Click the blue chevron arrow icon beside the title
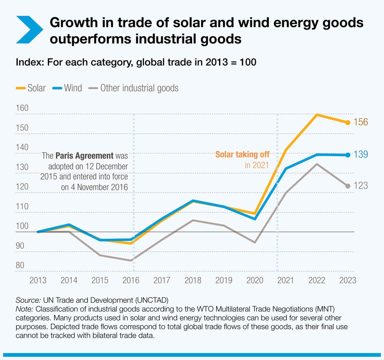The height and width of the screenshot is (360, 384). pos(30,30)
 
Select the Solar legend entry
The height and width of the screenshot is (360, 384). pos(31,88)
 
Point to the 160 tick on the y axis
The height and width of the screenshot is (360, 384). pos(22,108)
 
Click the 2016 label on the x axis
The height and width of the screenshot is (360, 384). pos(131,280)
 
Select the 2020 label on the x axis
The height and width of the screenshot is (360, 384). pos(254,280)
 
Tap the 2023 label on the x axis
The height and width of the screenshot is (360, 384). pos(347,280)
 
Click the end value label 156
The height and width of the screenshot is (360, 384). pos(361,122)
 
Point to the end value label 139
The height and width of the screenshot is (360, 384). pos(361,155)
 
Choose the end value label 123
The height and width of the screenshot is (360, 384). pos(361,186)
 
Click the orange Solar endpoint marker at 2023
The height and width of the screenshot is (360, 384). pos(348,122)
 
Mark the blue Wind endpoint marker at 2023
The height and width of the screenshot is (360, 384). pos(348,155)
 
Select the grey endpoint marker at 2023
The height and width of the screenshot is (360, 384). pos(348,186)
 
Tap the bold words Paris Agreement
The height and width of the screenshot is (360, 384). pos(84,156)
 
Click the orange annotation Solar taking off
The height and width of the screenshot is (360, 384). pos(242,155)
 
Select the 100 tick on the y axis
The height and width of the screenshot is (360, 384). pos(22,226)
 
